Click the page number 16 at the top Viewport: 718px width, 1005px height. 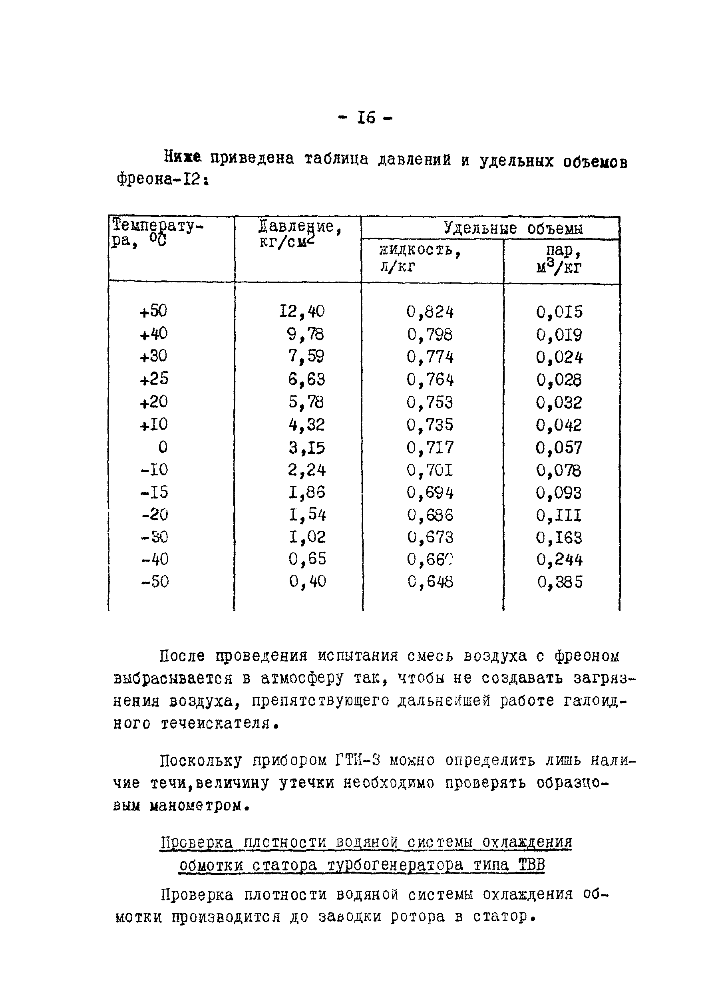(366, 117)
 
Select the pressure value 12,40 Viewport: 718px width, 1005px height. (302, 312)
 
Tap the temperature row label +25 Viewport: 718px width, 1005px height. (154, 379)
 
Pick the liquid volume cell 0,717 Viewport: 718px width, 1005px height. (430, 448)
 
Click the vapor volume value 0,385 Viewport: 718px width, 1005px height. (560, 582)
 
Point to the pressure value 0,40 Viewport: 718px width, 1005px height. (307, 581)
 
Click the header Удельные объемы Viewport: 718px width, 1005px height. (513, 228)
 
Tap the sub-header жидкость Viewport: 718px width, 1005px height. (420, 250)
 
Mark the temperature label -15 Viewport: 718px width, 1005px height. (154, 492)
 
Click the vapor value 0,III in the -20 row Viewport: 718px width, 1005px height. (559, 515)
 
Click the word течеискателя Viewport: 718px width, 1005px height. (215, 723)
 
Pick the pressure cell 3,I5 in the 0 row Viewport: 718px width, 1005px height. (306, 448)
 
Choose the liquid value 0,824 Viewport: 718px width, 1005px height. (430, 312)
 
